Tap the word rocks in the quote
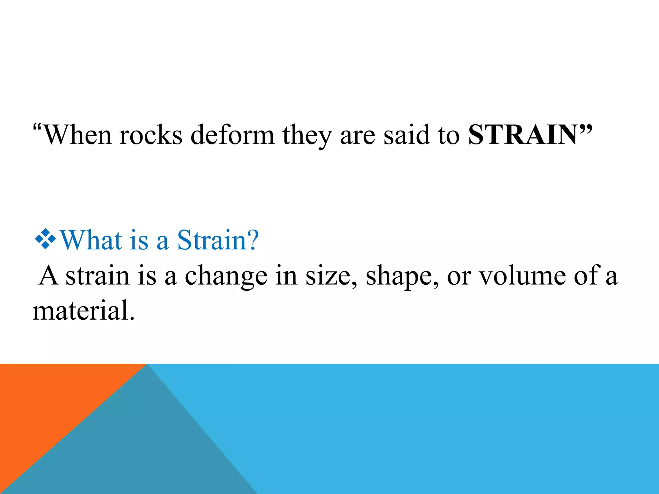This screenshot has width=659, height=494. point(151,135)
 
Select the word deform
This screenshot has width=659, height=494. point(232,135)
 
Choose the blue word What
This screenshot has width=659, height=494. point(91,240)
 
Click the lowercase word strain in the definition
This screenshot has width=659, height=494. point(97,276)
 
